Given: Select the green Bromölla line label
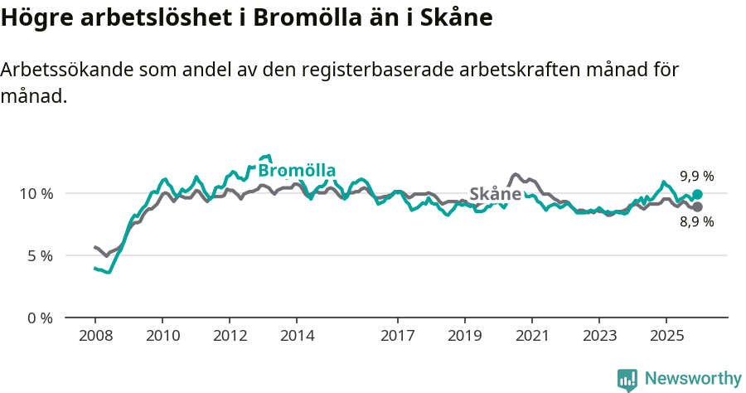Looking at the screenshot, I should tap(297, 171).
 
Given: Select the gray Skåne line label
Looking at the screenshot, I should tap(495, 194).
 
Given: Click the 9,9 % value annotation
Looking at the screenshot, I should tap(696, 176).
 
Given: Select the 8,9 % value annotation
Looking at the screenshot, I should tap(696, 221).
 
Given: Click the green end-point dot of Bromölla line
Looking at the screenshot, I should tap(697, 195).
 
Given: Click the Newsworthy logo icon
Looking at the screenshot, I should tap(627, 380).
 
